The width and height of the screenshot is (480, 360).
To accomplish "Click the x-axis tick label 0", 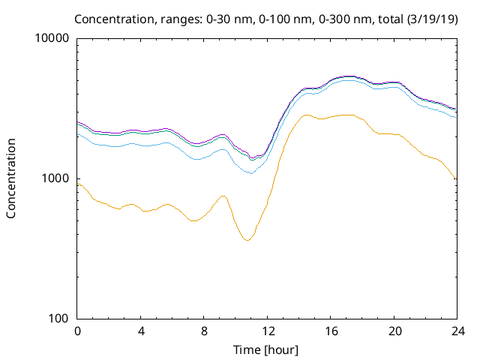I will tap(77, 331).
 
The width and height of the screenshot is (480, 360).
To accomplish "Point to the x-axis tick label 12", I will tap(268, 331).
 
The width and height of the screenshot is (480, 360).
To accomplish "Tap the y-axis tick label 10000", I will tap(53, 38).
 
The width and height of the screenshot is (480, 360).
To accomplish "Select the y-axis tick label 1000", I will tap(56, 178).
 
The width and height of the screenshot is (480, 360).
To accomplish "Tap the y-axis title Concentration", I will tap(11, 178).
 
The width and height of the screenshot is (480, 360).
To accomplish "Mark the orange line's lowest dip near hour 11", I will tap(247, 240).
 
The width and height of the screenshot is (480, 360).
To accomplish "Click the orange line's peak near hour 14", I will tap(305, 115).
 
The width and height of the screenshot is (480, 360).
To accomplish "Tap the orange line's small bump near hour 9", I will tap(223, 196).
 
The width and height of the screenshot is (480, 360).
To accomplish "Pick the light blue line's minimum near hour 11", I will tap(251, 173).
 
